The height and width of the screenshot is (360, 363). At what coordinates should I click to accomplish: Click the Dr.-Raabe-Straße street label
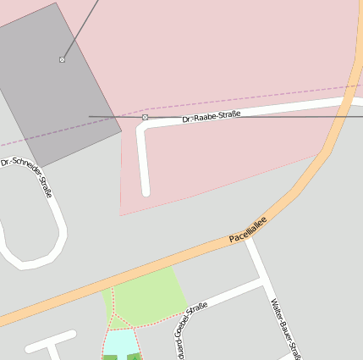click(x=212, y=116)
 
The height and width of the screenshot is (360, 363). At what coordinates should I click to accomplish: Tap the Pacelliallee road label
click(x=248, y=230)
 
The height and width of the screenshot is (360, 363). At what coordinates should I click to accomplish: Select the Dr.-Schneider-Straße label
click(x=27, y=176)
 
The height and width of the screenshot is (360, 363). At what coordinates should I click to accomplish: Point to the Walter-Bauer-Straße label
click(x=284, y=328)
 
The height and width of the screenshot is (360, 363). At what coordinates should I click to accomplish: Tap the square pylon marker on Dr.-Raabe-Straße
click(x=145, y=117)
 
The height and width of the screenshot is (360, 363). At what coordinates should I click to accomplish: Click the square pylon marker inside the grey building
click(x=62, y=59)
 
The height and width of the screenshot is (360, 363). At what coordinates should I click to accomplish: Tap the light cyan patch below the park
click(x=120, y=342)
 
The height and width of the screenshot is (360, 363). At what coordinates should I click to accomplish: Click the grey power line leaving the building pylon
click(x=80, y=29)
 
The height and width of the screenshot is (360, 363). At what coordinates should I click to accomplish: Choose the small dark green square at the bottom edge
click(x=110, y=357)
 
